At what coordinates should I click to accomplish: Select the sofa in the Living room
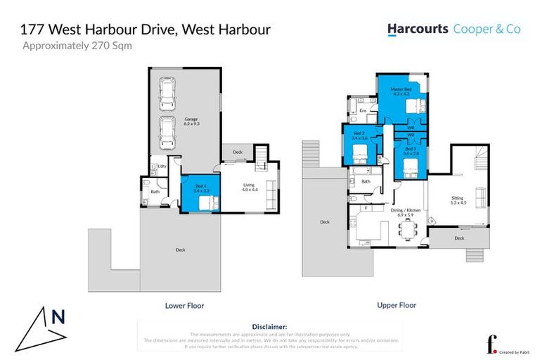271,190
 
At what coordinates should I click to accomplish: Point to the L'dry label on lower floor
161,166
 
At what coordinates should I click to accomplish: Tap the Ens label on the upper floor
363,111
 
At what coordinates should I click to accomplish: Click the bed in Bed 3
411,167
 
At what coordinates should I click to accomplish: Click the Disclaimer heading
269,327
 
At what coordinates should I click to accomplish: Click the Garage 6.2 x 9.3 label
192,121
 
